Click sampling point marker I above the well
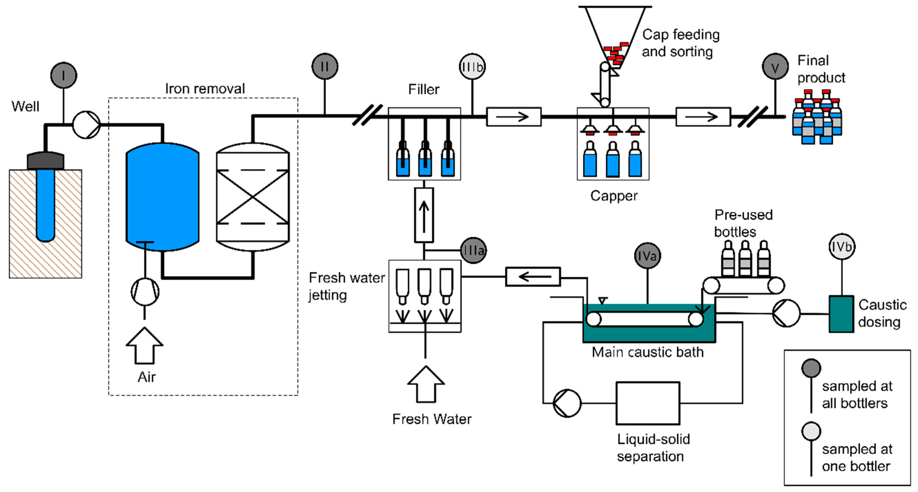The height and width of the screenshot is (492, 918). (x=63, y=75)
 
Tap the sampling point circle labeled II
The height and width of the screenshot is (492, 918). (x=325, y=66)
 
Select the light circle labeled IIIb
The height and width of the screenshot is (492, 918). (x=472, y=67)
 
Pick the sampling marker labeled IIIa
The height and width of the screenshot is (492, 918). (x=473, y=251)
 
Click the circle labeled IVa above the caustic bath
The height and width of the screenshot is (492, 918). (x=648, y=256)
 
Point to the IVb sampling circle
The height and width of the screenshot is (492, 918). (x=842, y=247)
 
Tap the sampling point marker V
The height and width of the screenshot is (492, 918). (x=775, y=67)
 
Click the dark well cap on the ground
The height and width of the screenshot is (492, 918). (x=46, y=161)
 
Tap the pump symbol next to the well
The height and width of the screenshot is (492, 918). (x=86, y=125)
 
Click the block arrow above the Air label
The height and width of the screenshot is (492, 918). (x=144, y=346)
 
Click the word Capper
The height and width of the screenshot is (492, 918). (x=614, y=196)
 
